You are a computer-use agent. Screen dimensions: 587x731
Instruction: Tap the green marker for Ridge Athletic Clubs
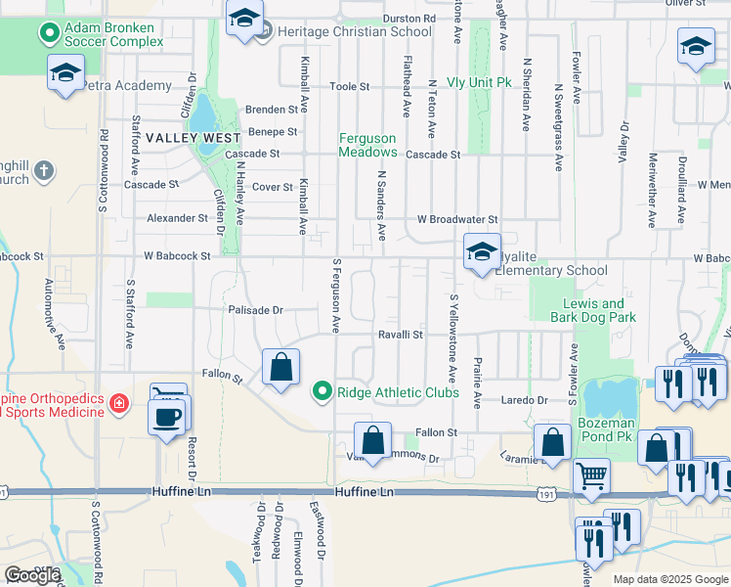point(321,392)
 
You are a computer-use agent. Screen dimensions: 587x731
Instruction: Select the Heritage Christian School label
point(355,31)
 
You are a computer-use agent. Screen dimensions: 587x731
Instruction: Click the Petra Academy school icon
point(65,73)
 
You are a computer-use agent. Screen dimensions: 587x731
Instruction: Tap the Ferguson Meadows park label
point(367,146)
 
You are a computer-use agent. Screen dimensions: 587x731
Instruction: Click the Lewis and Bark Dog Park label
point(599,310)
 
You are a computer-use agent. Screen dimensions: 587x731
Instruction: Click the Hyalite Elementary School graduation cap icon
point(481,252)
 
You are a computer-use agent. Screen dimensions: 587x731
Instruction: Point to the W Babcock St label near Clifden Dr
point(177,256)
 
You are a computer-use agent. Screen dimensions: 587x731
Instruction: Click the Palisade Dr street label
point(256,310)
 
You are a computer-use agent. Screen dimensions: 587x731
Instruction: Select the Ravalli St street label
point(401,335)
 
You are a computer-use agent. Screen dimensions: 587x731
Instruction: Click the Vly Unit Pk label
point(479,83)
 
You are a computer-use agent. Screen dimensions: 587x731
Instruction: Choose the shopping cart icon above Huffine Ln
point(590,476)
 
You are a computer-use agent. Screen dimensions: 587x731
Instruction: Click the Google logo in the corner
point(31,575)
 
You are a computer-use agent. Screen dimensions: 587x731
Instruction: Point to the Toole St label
point(349,86)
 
